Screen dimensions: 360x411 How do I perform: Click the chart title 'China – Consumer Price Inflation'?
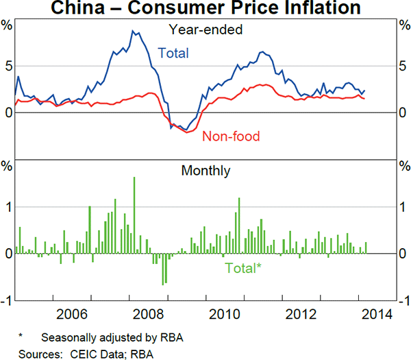point(206,8)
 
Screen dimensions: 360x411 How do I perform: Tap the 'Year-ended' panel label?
point(206,29)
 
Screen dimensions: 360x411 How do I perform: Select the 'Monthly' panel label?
point(206,171)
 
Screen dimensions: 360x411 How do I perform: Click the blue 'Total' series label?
point(173,53)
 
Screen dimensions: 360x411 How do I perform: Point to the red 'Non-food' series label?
point(231,136)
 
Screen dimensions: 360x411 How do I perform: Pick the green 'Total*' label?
point(243,268)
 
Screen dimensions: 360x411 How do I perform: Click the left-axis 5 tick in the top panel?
point(8,66)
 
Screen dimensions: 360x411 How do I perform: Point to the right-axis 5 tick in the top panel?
point(403,66)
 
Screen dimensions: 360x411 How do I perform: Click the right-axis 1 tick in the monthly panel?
point(403,207)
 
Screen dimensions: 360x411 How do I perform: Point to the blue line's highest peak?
point(133,31)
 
